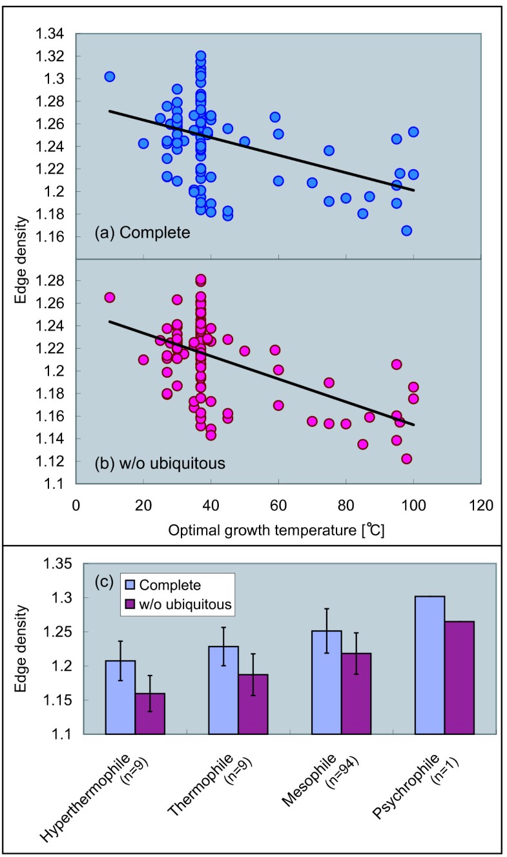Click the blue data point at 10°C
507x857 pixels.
[x=110, y=77]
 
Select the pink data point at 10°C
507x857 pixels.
[x=110, y=297]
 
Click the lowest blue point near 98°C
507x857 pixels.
[x=406, y=231]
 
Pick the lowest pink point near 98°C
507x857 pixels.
[x=406, y=459]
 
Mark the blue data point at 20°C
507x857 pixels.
[x=143, y=143]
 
